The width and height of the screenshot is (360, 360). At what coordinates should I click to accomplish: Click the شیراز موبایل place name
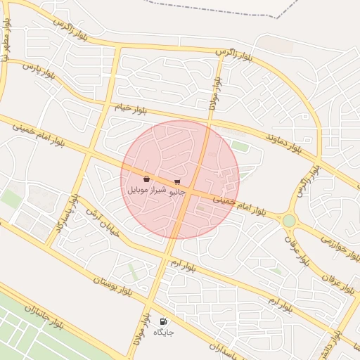[146, 191]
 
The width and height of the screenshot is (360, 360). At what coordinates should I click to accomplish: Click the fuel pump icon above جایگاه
[163, 321]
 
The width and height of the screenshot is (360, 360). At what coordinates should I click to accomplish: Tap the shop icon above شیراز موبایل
[146, 179]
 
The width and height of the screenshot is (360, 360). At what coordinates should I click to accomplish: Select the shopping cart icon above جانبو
[176, 181]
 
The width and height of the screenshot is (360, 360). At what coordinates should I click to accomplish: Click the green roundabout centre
[289, 221]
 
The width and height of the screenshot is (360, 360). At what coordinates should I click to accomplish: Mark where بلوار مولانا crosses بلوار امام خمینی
[191, 188]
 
